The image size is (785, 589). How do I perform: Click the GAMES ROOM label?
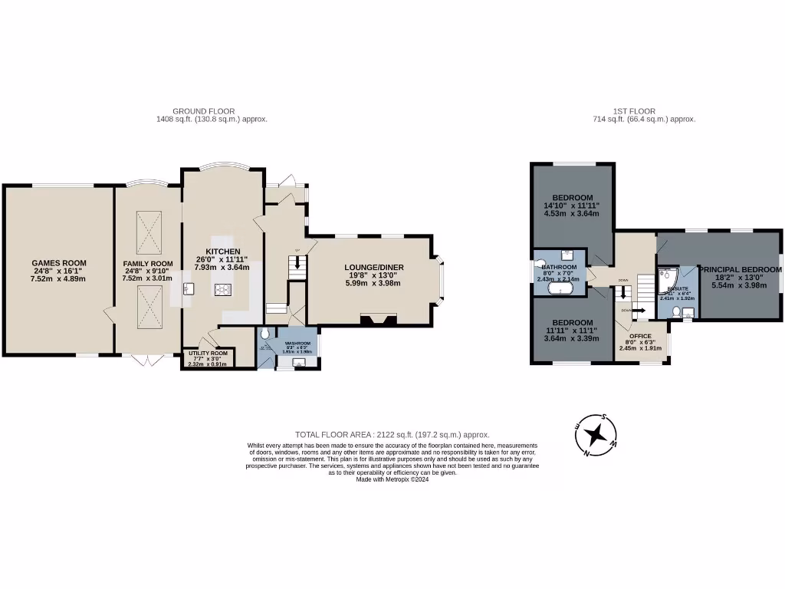58,263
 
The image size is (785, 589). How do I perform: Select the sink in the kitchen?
187,288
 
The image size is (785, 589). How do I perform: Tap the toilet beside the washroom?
265,334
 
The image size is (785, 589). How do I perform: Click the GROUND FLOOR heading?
203,111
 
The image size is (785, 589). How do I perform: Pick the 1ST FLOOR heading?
634,111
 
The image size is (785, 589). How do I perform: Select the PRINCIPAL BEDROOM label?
741,270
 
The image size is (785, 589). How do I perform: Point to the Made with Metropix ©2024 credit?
392,479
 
